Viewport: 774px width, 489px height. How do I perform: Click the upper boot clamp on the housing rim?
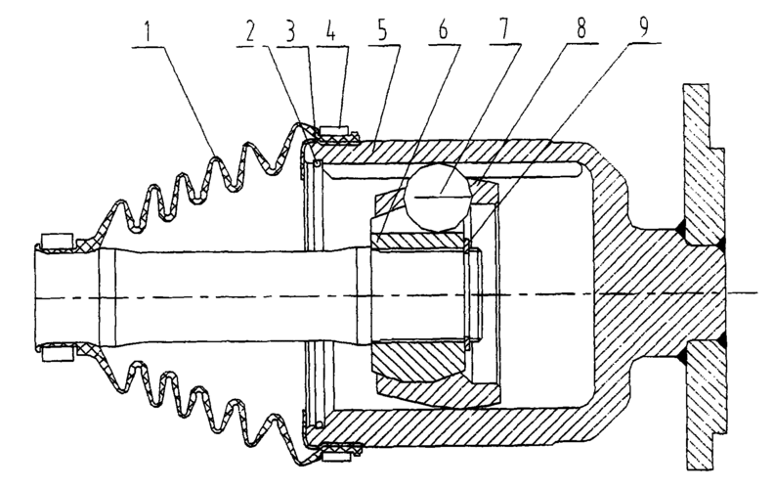click(339, 131)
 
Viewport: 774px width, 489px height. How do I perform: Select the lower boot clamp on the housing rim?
click(339, 453)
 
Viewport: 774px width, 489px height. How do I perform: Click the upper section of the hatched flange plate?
click(705, 156)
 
